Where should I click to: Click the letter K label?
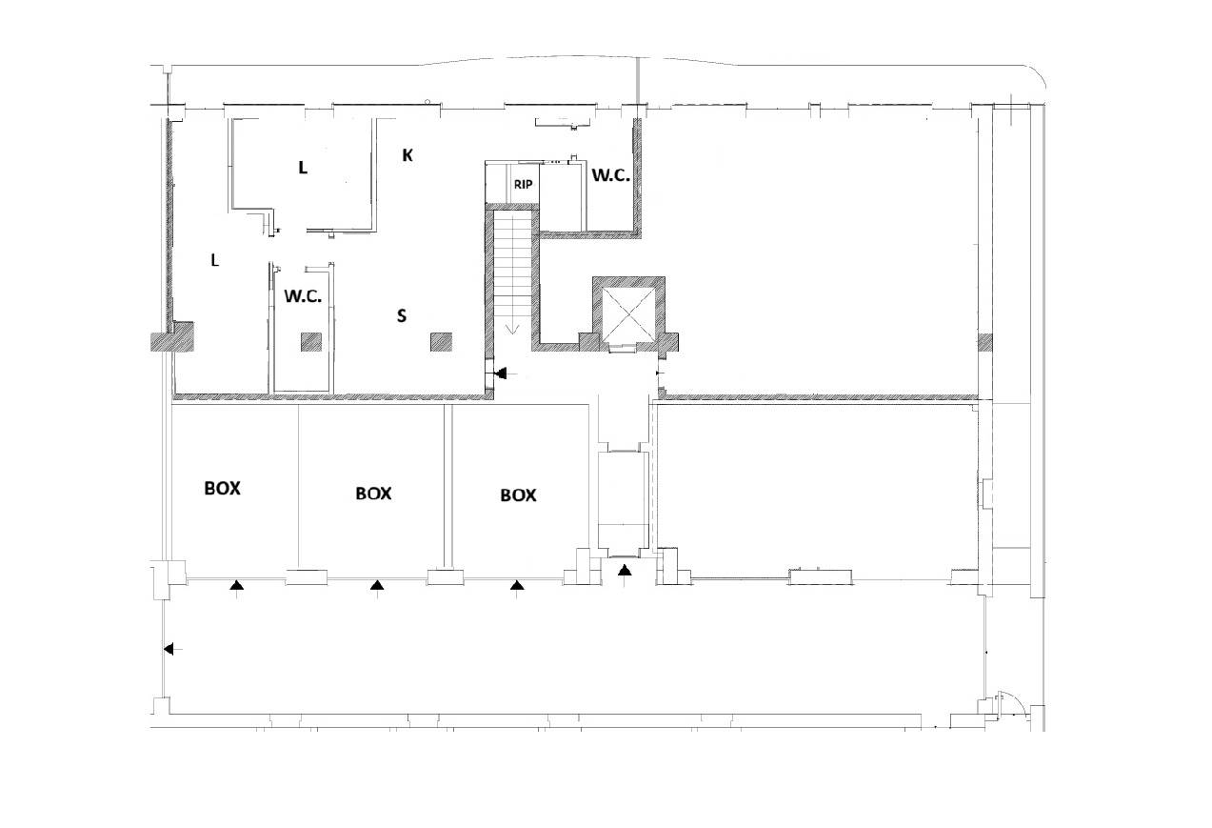point(407,155)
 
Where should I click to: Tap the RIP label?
point(523,185)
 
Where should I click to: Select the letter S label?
point(402,315)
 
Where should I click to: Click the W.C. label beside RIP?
point(611,175)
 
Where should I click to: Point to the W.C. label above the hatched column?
point(303,296)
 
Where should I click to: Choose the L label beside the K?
point(303,168)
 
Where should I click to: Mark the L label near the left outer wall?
point(215,260)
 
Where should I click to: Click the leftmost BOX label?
point(222,489)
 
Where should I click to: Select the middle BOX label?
point(373,494)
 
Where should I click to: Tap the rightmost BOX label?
point(518,495)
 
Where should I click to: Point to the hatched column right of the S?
point(441,342)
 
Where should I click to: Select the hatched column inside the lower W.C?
point(311,342)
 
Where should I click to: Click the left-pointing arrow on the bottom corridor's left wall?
point(173,649)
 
